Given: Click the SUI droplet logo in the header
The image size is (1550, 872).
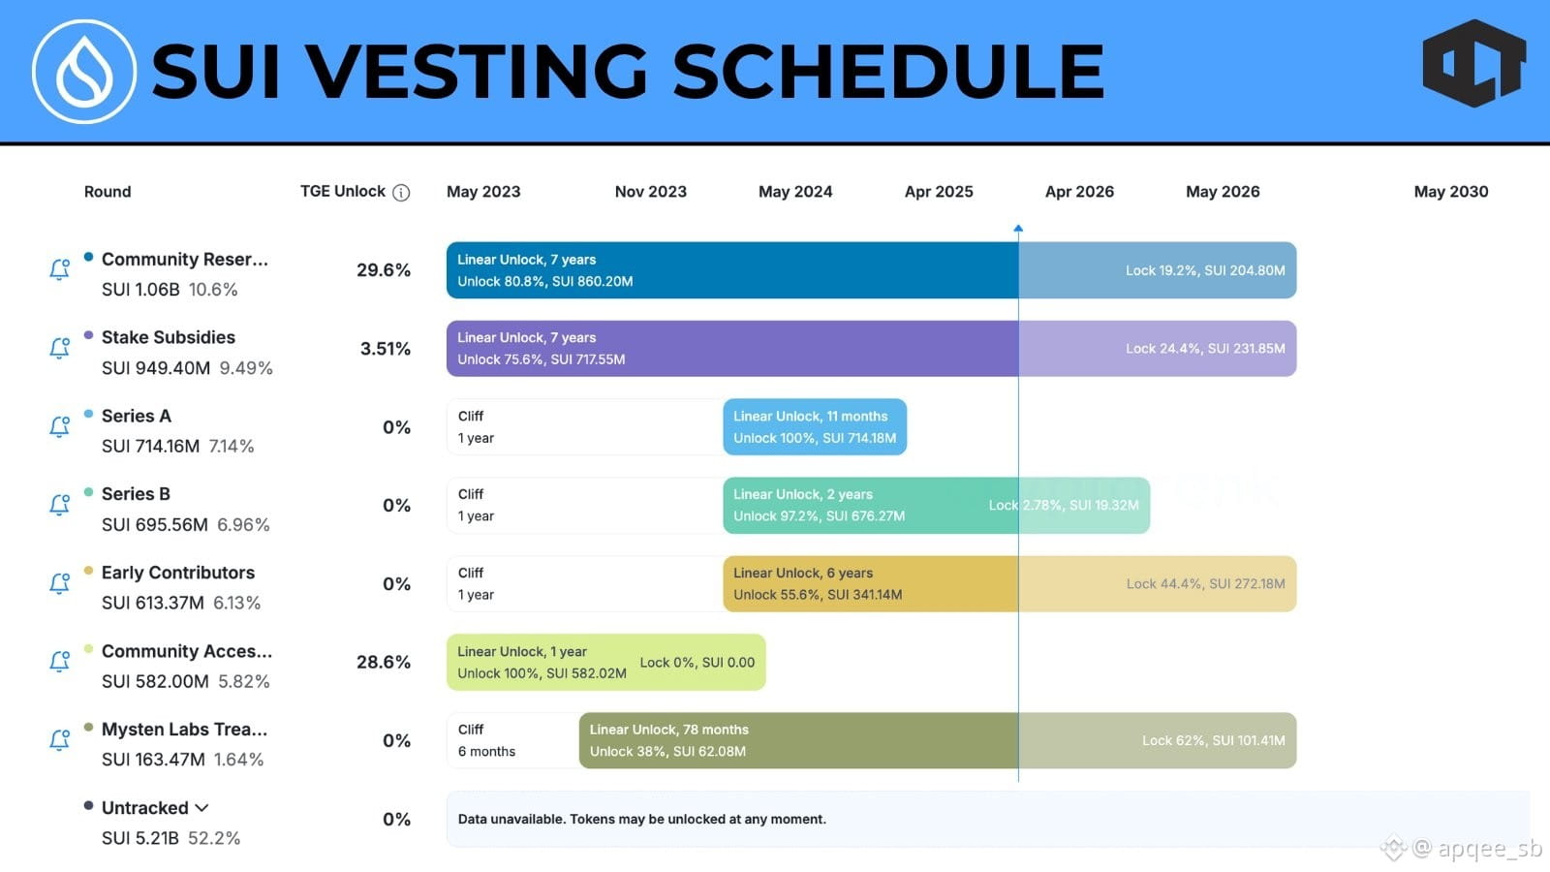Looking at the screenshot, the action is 83,72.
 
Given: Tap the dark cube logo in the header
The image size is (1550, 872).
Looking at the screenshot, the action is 1473,63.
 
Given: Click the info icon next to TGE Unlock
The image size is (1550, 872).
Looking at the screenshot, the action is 401,193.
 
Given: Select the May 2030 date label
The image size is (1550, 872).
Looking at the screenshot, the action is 1451,192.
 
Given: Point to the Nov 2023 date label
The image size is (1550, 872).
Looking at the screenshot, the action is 650,192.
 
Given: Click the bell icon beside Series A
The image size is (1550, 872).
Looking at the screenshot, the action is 60,426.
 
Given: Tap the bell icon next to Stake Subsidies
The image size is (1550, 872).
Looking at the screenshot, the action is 60,348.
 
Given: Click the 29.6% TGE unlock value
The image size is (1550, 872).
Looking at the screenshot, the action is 384,270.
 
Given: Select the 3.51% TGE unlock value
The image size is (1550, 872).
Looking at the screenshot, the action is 386,348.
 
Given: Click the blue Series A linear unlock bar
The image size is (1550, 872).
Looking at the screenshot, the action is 815,427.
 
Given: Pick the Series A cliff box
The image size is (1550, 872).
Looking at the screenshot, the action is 585,427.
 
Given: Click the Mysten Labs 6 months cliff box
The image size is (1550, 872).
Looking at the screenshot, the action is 512,740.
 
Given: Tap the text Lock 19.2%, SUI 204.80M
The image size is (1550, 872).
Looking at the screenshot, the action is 1205,270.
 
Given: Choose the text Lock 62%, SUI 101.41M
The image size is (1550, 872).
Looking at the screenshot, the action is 1214,740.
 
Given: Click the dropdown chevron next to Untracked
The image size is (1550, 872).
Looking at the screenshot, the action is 201,808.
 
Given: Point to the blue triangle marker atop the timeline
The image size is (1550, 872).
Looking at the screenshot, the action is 1018,228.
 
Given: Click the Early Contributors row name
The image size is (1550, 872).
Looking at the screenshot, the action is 178,573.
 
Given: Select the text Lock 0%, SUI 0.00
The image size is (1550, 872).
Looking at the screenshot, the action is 697,663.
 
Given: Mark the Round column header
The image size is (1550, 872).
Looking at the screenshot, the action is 108,192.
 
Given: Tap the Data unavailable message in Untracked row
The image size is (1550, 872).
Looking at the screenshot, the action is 642,820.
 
